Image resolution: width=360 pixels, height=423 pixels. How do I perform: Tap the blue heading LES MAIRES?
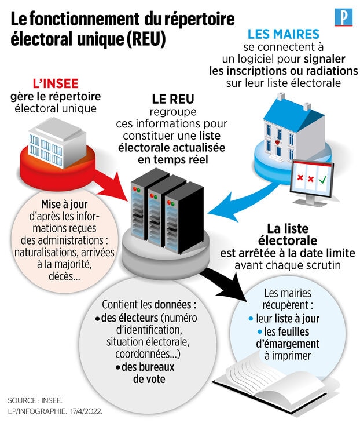click(283, 34)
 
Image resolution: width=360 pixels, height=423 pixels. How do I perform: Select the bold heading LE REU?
click(172, 99)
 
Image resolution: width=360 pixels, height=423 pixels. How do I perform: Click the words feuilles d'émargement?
click(287, 338)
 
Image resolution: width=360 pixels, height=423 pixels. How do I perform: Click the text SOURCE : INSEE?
click(35, 400)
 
